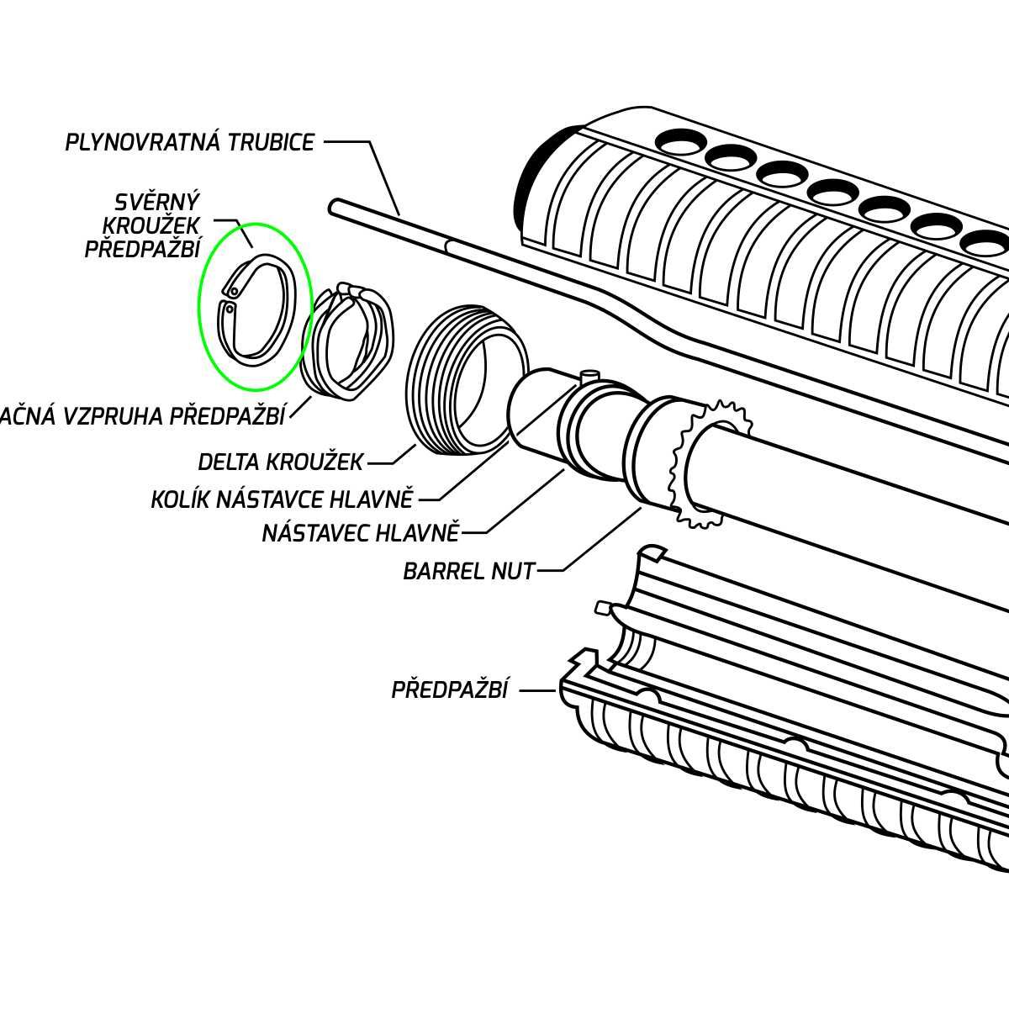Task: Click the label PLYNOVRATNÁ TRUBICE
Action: click(190, 142)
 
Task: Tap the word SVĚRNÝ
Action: click(157, 203)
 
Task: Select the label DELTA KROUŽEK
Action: click(281, 462)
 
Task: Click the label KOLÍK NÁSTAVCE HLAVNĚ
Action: click(283, 499)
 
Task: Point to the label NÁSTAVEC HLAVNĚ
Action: click(361, 532)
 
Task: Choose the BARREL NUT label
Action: click(469, 572)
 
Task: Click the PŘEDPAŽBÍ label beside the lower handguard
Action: click(450, 690)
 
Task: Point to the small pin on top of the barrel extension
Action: click(589, 373)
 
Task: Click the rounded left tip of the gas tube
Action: click(335, 204)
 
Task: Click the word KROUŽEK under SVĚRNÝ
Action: click(151, 226)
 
